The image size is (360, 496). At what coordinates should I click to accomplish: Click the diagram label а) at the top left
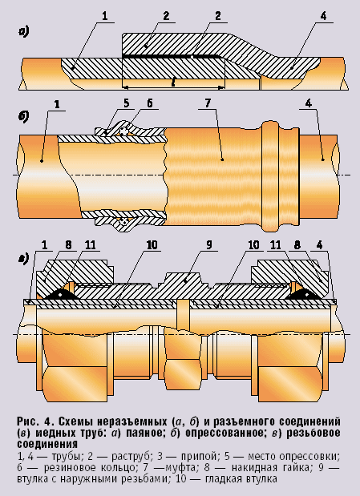24,32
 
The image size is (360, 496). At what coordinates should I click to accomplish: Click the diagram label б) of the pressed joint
24,115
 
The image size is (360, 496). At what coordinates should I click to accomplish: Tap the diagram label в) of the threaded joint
24,258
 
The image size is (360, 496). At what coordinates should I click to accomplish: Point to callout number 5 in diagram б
127,103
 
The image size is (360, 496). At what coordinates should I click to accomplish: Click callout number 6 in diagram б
150,103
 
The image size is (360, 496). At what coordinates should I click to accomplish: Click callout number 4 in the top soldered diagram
323,15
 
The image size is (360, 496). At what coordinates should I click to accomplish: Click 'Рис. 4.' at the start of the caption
35,421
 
